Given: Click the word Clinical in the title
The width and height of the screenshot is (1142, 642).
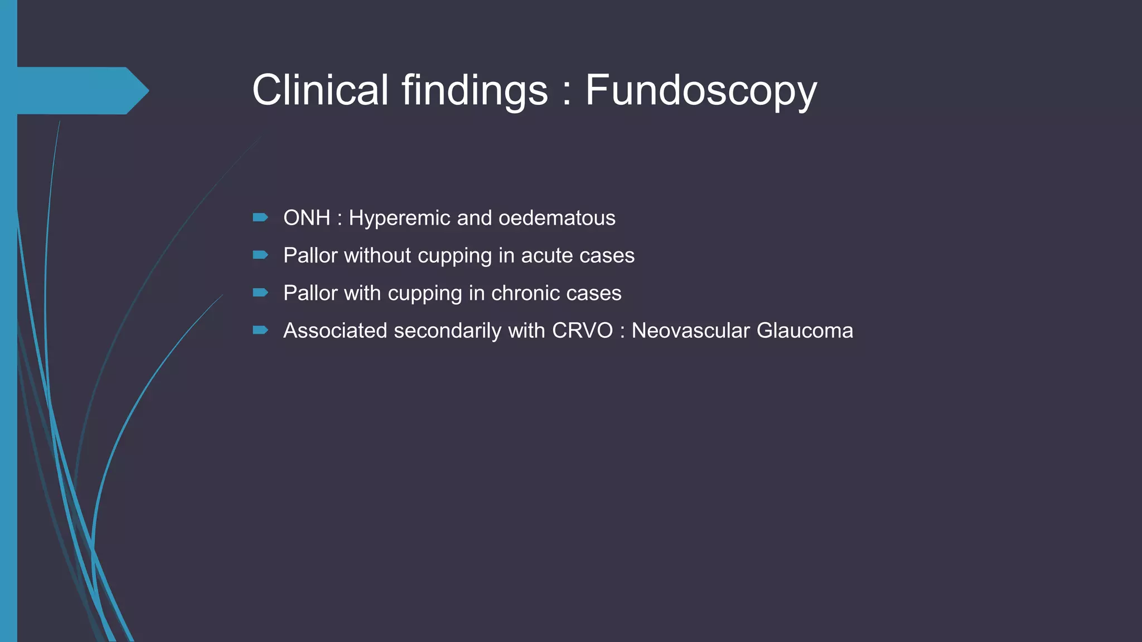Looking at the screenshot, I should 320,90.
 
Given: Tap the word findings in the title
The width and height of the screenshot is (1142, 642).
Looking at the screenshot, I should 475,91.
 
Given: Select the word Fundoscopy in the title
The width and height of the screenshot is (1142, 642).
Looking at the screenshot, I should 701,91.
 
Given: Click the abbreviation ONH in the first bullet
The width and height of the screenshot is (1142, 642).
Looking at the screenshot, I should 307,218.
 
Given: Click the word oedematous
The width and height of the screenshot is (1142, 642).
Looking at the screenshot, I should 557,218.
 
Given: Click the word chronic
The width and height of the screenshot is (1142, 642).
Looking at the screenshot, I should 521,293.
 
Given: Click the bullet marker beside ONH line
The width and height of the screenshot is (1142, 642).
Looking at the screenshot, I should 260,217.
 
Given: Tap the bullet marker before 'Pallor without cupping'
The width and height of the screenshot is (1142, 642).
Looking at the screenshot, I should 260,255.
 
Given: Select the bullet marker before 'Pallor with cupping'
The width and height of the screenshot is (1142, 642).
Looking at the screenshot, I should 260,293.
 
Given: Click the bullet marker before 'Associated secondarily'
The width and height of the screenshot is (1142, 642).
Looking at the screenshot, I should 260,330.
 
